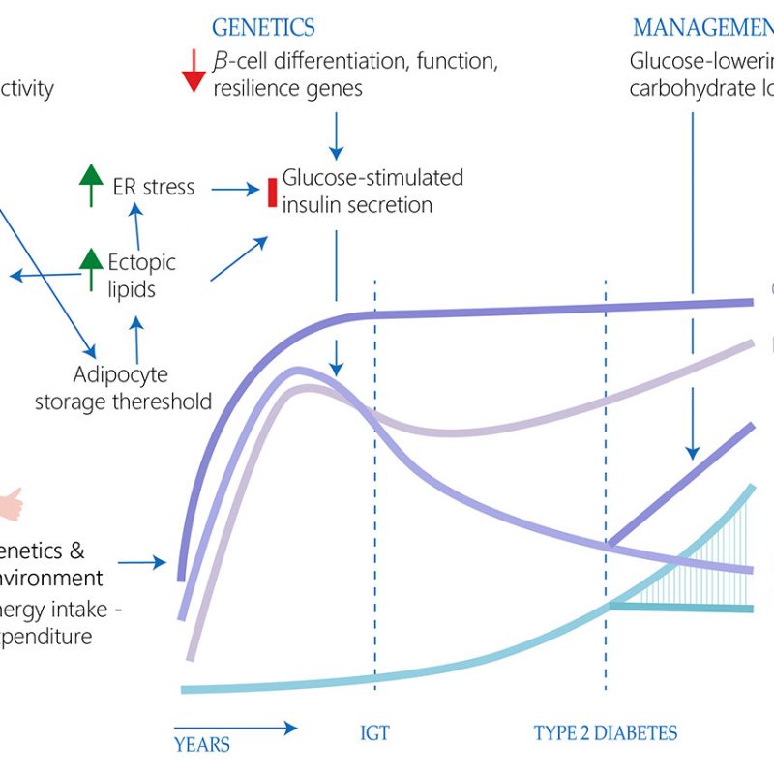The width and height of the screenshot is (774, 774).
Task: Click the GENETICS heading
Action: pyautogui.click(x=263, y=27)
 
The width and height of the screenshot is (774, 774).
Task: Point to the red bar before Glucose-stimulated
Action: pyautogui.click(x=272, y=191)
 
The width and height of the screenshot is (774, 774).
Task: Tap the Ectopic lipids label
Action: pyautogui.click(x=142, y=276)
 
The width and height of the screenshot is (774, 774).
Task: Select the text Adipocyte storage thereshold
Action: pyautogui.click(x=122, y=388)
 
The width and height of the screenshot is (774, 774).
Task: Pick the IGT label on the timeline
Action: pyautogui.click(x=374, y=732)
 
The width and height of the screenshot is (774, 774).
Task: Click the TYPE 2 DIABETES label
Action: pyautogui.click(x=606, y=732)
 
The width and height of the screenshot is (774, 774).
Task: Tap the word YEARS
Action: pyautogui.click(x=202, y=744)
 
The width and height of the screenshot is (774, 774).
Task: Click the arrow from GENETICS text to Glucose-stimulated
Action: pyautogui.click(x=336, y=135)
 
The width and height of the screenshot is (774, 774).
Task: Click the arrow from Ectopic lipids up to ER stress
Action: pyautogui.click(x=136, y=228)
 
